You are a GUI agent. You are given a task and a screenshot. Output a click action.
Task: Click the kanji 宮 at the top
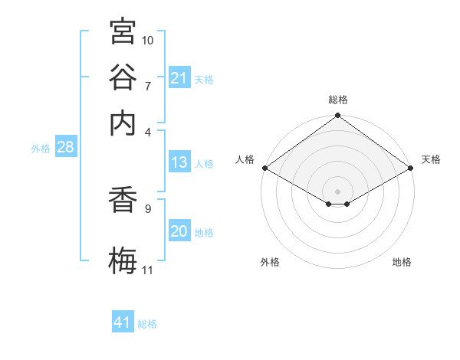tap(123, 31)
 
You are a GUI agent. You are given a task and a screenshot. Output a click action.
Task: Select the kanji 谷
tap(123, 77)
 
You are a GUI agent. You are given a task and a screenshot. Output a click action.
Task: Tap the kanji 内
tap(123, 123)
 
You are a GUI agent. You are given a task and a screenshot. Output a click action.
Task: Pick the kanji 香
tap(123, 199)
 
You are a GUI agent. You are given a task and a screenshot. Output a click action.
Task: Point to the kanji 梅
tap(123, 260)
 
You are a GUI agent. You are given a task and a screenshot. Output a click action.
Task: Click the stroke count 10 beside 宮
tap(147, 41)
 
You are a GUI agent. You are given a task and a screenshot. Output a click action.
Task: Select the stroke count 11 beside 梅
tap(147, 270)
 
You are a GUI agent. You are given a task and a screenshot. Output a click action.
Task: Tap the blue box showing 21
tap(179, 77)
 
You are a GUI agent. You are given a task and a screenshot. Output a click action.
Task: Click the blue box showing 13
tap(179, 162)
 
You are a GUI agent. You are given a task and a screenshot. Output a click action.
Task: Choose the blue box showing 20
tap(179, 230)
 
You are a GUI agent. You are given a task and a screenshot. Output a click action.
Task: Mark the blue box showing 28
tap(66, 146)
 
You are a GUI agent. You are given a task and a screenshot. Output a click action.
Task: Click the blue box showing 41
tap(123, 321)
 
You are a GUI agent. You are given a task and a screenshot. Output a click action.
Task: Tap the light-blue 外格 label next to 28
tap(41, 149)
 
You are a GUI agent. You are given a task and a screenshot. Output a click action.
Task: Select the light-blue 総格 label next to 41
tap(147, 324)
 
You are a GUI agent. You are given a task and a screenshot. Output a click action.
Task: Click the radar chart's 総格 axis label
tap(338, 100)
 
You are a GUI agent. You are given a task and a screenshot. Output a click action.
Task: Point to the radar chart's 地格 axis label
tap(402, 262)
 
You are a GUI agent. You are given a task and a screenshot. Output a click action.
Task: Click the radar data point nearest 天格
tap(411, 168)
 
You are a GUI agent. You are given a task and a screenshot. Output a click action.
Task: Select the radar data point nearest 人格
tap(265, 168)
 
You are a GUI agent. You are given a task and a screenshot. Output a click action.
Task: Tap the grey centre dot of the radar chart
tap(337, 191)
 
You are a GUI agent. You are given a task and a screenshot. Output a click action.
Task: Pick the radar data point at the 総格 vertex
tap(337, 115)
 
